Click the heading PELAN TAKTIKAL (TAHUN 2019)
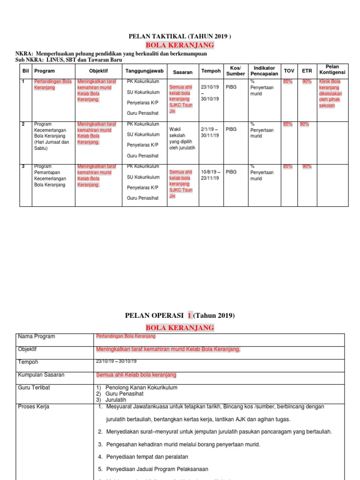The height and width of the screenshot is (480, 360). (180, 36)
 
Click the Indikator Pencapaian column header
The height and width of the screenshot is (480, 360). (264, 71)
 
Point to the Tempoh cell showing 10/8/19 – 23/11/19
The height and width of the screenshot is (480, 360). (210, 175)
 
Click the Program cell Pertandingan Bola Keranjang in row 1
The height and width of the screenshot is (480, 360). (52, 84)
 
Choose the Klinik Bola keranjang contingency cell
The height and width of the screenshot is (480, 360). (330, 93)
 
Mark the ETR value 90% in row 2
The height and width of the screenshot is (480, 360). (304, 124)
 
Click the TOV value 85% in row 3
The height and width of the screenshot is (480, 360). (287, 166)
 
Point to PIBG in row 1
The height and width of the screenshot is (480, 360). (231, 87)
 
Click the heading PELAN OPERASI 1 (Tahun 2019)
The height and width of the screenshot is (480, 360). (180, 315)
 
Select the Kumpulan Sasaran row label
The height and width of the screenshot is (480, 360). (41, 375)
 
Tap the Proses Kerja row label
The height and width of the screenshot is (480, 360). (34, 406)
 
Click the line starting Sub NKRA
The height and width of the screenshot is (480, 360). (66, 60)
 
